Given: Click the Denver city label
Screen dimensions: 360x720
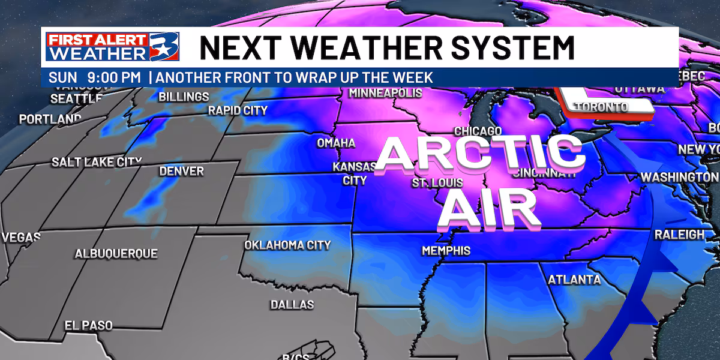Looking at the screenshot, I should (181, 172).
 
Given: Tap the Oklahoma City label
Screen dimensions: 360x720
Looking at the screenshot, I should (287, 245).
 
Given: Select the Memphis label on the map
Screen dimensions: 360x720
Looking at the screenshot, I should (446, 251).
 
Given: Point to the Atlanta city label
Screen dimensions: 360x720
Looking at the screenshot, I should (574, 280).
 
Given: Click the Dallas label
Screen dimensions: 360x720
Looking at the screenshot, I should (292, 305).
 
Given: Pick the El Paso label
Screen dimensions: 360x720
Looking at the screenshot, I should (89, 325).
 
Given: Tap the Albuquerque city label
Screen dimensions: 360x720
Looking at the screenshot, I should (116, 254).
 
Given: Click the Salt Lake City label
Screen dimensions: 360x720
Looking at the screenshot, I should (97, 162).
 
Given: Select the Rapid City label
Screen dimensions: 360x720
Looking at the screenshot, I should (238, 110).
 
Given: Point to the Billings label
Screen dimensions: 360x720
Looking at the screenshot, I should (184, 97).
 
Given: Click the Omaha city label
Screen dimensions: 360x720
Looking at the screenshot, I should (336, 143).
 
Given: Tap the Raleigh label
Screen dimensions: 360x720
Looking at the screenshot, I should (679, 235).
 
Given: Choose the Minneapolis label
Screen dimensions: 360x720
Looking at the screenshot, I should (385, 94).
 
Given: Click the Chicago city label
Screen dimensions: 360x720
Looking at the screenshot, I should (478, 131).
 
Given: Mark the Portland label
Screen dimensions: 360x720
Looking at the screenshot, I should (50, 119).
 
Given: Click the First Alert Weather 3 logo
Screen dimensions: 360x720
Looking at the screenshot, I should (105, 48).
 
